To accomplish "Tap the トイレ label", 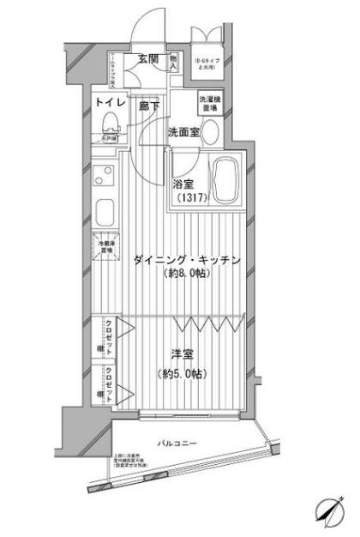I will (x=110, y=105).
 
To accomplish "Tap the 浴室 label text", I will (x=183, y=184).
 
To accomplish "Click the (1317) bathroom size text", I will (x=192, y=199).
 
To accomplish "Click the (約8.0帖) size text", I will (x=187, y=275).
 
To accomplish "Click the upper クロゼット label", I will (x=111, y=329).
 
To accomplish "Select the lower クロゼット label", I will (x=111, y=377).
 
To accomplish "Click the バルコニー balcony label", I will (x=177, y=443).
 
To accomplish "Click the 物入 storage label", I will (x=172, y=63).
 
